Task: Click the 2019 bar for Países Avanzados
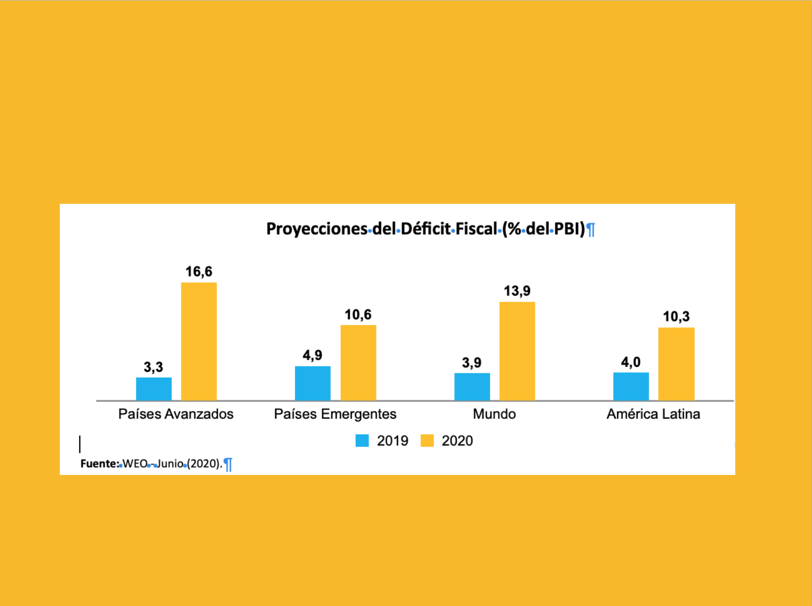tap(154, 389)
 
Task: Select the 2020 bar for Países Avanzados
tap(199, 341)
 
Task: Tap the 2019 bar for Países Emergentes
tap(313, 383)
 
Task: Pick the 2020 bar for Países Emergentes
tap(358, 362)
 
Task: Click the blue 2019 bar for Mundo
tap(472, 387)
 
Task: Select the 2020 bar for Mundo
tap(517, 351)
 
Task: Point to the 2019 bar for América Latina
tap(631, 386)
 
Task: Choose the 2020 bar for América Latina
tap(677, 364)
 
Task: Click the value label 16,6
tap(199, 272)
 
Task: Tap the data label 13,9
tap(517, 291)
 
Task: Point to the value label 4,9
tap(313, 355)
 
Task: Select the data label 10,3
tap(677, 316)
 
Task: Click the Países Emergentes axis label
tap(335, 414)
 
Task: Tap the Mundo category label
tap(494, 414)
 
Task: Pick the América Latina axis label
tap(653, 414)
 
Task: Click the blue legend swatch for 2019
tap(362, 441)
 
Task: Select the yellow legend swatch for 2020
tap(427, 441)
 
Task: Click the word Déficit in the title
tap(426, 229)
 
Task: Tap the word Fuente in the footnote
tap(99, 463)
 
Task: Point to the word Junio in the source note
tap(170, 463)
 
